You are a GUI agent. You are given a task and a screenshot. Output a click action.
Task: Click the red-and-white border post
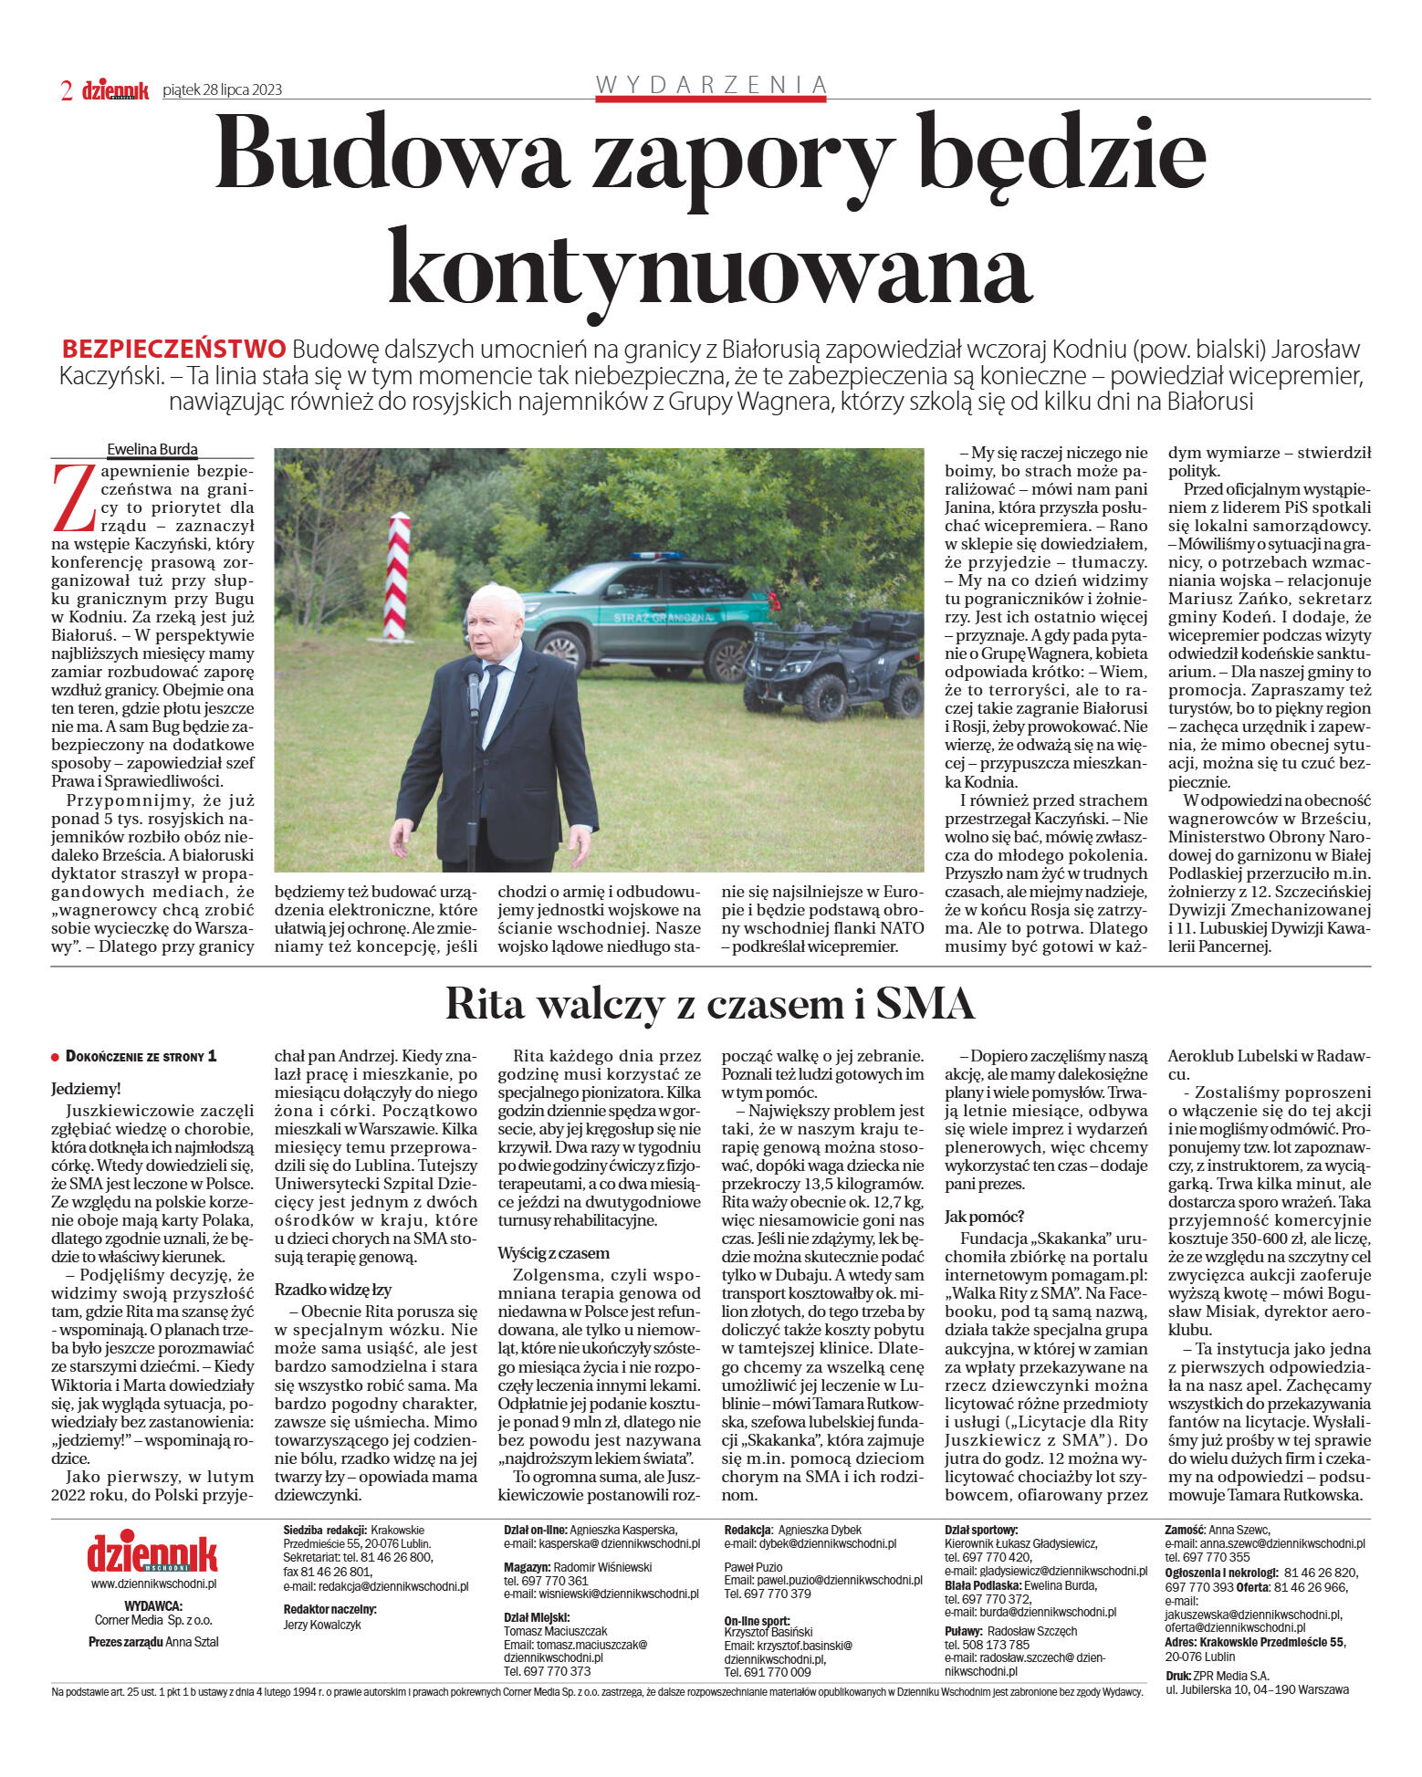tap(399, 575)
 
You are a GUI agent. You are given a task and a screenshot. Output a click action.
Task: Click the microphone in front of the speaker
tap(473, 689)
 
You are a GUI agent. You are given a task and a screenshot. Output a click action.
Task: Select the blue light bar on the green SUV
tap(656, 555)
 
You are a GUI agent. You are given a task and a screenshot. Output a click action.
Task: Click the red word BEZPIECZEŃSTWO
tap(173, 349)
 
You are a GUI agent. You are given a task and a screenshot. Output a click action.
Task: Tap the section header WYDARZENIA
tap(711, 85)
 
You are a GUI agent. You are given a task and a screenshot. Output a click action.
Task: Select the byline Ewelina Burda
tap(152, 449)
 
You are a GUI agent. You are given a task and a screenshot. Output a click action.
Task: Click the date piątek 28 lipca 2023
tap(222, 89)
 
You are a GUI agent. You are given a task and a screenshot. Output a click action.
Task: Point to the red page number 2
tap(67, 90)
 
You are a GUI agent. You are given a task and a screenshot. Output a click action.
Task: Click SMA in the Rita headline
tap(925, 1004)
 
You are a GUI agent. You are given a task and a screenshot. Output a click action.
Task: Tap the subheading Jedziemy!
tap(86, 1089)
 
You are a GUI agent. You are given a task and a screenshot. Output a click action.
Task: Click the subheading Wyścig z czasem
tap(554, 1253)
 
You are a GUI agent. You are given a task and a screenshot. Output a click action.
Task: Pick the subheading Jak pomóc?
tap(985, 1217)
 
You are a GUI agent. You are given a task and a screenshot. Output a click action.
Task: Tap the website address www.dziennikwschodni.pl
tap(152, 1584)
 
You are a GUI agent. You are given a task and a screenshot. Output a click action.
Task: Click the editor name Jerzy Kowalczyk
tap(322, 1625)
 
